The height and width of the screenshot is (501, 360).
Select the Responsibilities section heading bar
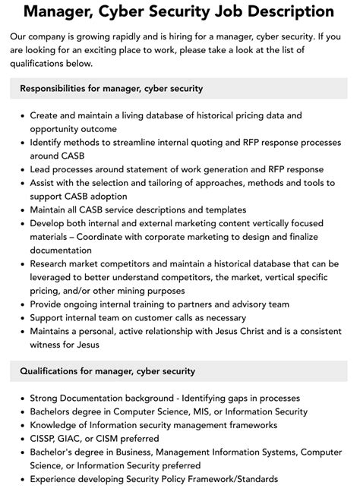pos(180,88)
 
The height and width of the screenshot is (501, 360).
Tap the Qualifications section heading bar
pos(180,370)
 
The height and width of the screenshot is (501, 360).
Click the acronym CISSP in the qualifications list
pos(45,438)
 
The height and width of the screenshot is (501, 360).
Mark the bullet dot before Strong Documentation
pos(21,398)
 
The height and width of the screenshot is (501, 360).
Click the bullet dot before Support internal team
pos(21,317)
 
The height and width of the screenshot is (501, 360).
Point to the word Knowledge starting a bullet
pos(55,424)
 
